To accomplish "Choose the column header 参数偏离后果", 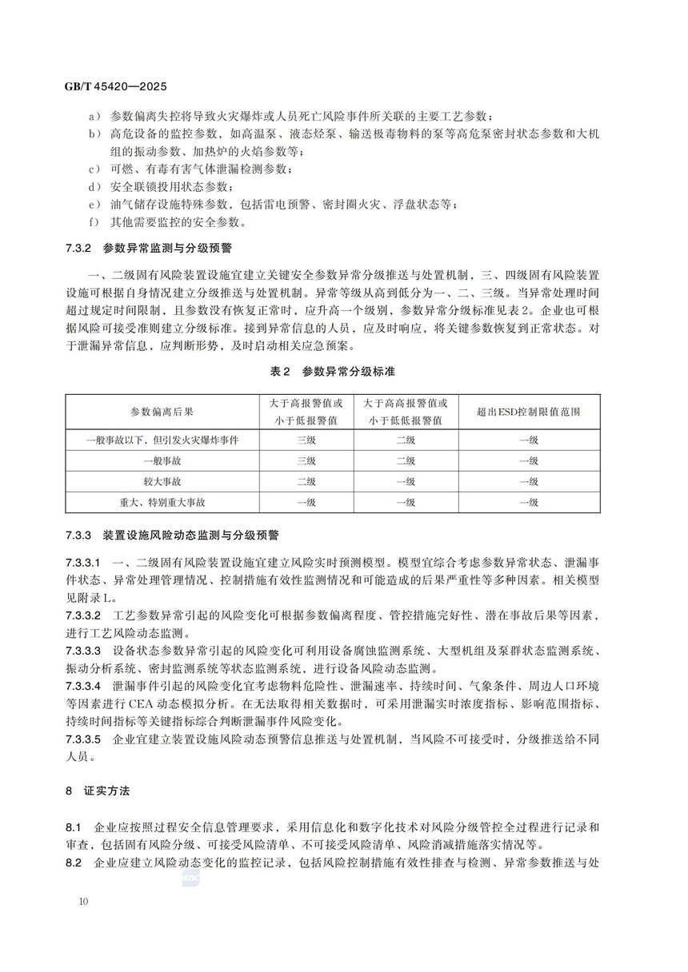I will [162, 412].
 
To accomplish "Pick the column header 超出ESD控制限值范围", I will [528, 412].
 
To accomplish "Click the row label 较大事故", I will [162, 482].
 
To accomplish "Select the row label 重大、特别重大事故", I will [162, 503].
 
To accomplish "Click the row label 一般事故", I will [162, 461].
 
